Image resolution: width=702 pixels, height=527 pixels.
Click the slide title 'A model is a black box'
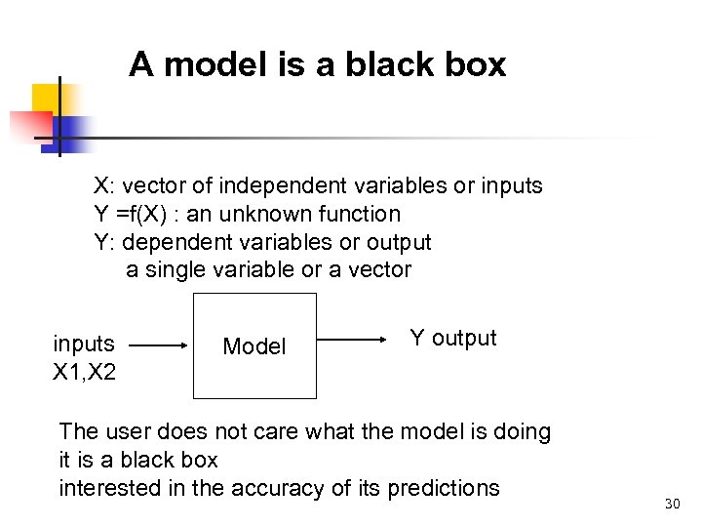click(317, 65)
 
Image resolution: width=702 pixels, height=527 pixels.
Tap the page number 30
click(671, 504)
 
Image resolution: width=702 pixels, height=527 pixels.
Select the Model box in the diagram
click(254, 345)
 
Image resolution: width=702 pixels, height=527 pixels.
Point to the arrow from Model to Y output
click(353, 340)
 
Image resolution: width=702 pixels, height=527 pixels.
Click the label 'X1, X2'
click(84, 372)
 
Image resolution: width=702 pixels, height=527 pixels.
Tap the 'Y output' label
click(452, 339)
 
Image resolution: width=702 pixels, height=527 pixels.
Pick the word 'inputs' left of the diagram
click(84, 344)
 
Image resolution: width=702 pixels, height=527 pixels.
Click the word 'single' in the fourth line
click(176, 270)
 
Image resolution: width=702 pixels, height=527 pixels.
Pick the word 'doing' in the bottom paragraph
click(521, 431)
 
